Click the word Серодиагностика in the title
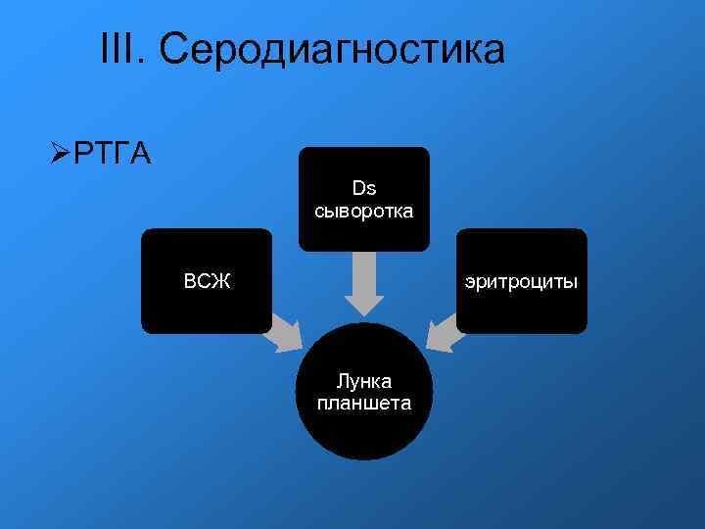click(333, 49)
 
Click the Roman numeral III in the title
click(119, 49)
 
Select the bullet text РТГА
click(112, 155)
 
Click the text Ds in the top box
click(364, 188)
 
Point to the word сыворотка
click(364, 211)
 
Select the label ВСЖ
click(207, 282)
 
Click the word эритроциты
click(521, 282)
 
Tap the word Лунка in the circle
click(364, 380)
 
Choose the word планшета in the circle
click(364, 403)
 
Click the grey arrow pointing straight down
click(364, 284)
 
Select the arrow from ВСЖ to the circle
click(286, 333)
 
